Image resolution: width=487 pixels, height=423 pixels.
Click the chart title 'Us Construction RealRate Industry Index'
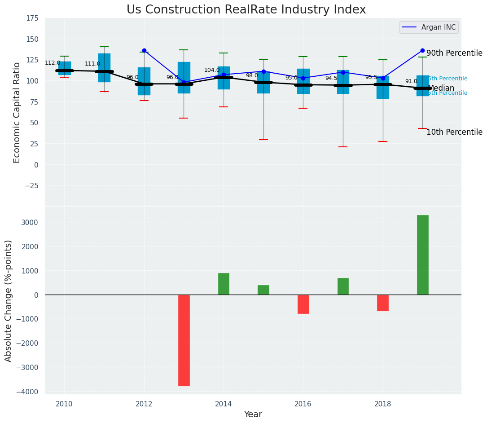click(x=246, y=10)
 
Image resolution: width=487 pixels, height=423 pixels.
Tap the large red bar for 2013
click(x=184, y=340)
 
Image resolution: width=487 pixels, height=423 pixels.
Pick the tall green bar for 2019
click(x=422, y=255)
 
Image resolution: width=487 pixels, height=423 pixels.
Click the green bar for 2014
click(x=224, y=284)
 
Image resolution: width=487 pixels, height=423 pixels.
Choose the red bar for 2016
click(x=303, y=304)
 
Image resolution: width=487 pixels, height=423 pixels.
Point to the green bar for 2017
click(x=343, y=286)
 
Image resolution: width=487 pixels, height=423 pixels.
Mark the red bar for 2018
click(x=383, y=303)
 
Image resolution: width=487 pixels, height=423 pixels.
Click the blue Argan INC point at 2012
click(x=144, y=51)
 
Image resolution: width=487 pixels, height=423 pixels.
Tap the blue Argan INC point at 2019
click(x=422, y=51)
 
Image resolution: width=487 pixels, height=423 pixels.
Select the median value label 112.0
click(x=53, y=63)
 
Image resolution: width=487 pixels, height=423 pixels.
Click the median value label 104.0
click(x=212, y=70)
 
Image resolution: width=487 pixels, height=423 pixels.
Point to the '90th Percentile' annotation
click(x=454, y=53)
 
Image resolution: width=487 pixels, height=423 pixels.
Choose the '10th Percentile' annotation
click(x=454, y=132)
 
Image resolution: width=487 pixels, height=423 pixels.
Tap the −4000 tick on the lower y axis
click(x=28, y=392)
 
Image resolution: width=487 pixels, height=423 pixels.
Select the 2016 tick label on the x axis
click(x=303, y=404)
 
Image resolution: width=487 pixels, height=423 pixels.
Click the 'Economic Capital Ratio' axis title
click(x=17, y=112)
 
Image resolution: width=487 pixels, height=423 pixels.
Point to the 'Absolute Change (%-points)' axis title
click(x=9, y=300)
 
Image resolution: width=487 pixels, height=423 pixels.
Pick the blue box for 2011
click(x=104, y=67)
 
